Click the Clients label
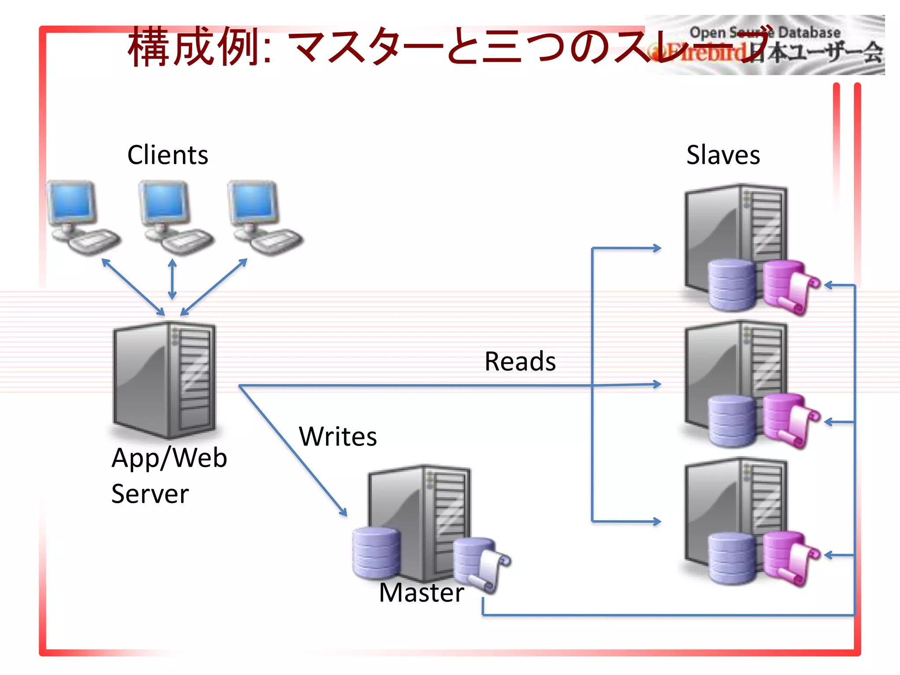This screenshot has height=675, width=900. pos(167,155)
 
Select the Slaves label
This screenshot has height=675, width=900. pos(723,155)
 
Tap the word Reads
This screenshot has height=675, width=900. pos(520,361)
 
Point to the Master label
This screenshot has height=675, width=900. pos(421,592)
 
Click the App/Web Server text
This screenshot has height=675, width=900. pos(169,475)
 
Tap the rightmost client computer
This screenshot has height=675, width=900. pos(264,218)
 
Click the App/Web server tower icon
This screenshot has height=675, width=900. pos(165,380)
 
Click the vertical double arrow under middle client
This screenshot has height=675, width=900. pos(172,279)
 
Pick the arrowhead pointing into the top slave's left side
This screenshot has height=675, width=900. pos(657,248)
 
